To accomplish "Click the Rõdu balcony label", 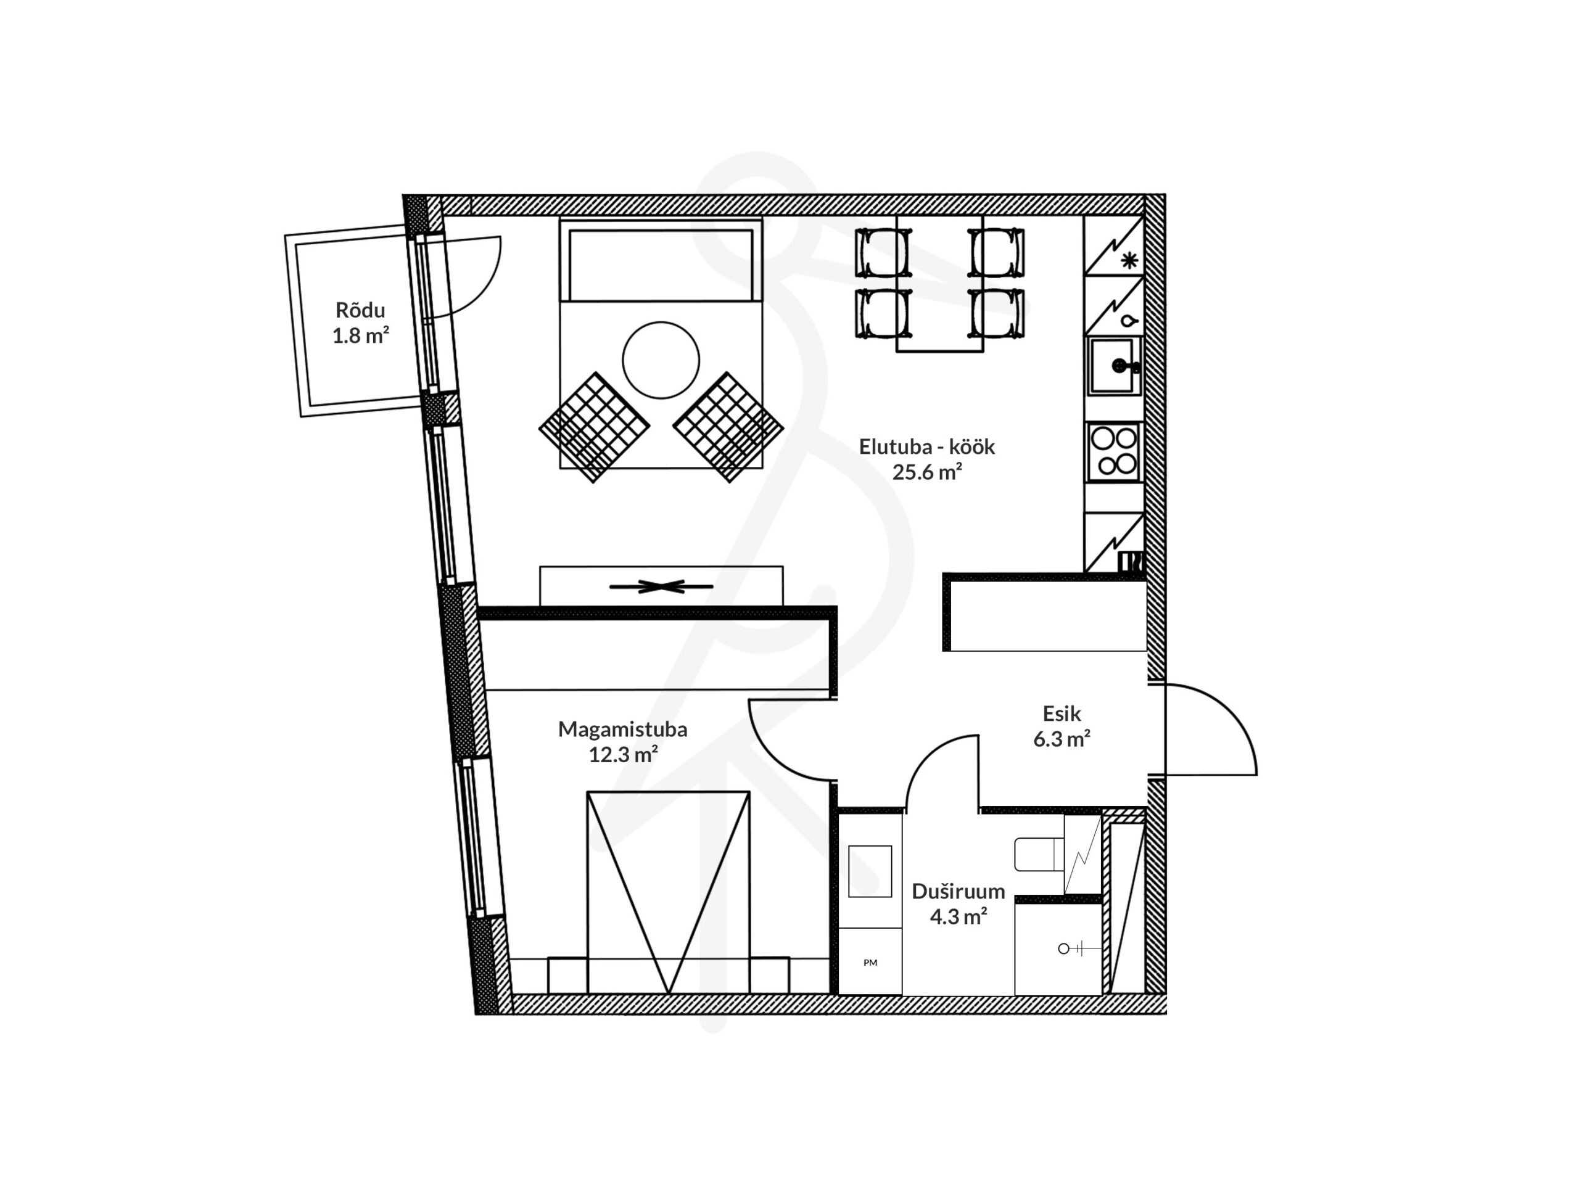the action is [360, 310].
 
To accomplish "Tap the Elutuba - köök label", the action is [926, 446].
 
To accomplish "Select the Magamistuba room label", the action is [622, 729].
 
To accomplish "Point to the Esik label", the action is [1062, 713].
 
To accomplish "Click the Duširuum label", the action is [958, 890].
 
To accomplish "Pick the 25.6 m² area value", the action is [926, 472].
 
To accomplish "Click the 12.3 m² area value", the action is [622, 754].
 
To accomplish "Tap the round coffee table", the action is [661, 360].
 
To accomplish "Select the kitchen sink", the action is [1115, 366].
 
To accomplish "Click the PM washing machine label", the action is [870, 963].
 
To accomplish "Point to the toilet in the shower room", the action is [1039, 854].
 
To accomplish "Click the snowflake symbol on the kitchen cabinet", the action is [1129, 260].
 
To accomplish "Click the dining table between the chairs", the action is [939, 283].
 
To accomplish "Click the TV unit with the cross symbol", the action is [661, 586].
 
